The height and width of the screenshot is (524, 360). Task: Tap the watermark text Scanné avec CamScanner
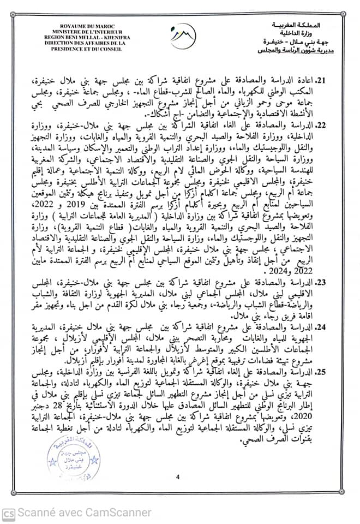click(84, 513)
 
